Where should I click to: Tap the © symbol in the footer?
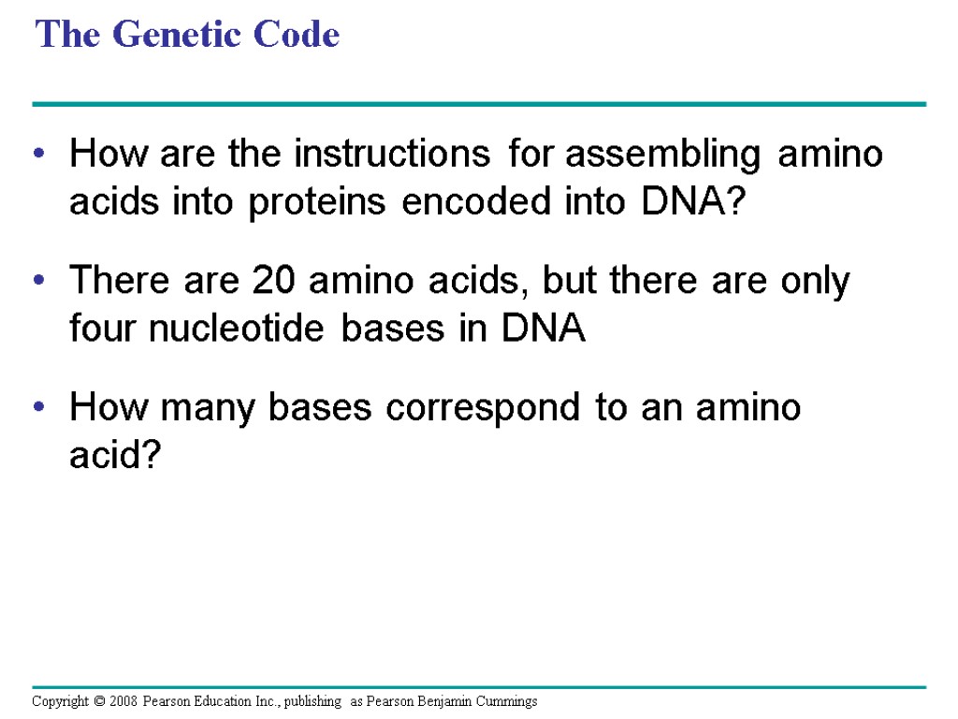(x=98, y=701)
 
